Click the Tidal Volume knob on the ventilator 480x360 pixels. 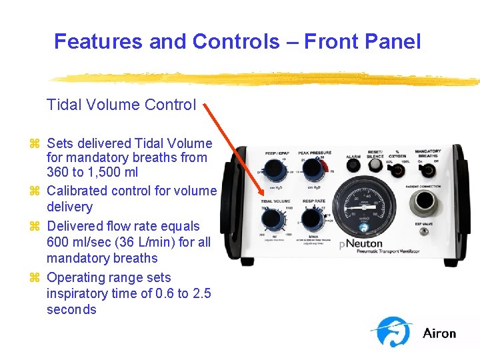click(271, 217)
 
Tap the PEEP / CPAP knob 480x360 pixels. click(271, 172)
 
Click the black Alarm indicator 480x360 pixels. click(353, 166)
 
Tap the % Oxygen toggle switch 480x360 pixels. click(398, 169)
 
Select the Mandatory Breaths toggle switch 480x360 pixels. click(428, 169)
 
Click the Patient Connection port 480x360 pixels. click(425, 202)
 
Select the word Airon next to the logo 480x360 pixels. click(439, 333)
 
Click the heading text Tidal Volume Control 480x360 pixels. click(121, 105)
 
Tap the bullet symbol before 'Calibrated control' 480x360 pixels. click(35, 191)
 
